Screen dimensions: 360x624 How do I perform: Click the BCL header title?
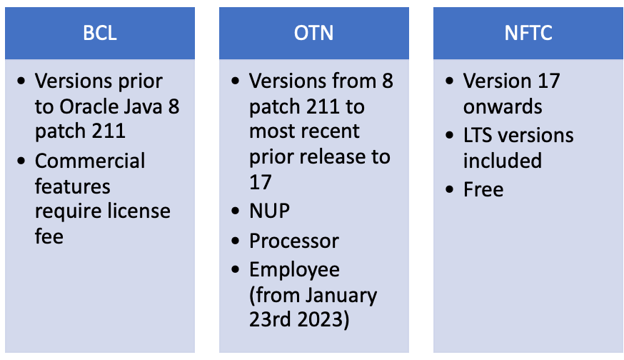pos(99,33)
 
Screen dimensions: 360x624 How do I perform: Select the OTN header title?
pos(313,33)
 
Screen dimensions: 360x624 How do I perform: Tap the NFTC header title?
pos(528,33)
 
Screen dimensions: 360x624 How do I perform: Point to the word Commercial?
pos(90,160)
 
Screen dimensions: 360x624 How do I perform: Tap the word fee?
pos(49,236)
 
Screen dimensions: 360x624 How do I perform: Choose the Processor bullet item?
pos(294,241)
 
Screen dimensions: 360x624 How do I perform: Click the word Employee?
pos(295,269)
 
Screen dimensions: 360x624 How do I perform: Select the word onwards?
pos(503,107)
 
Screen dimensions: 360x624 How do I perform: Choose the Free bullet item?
pos(483,189)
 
